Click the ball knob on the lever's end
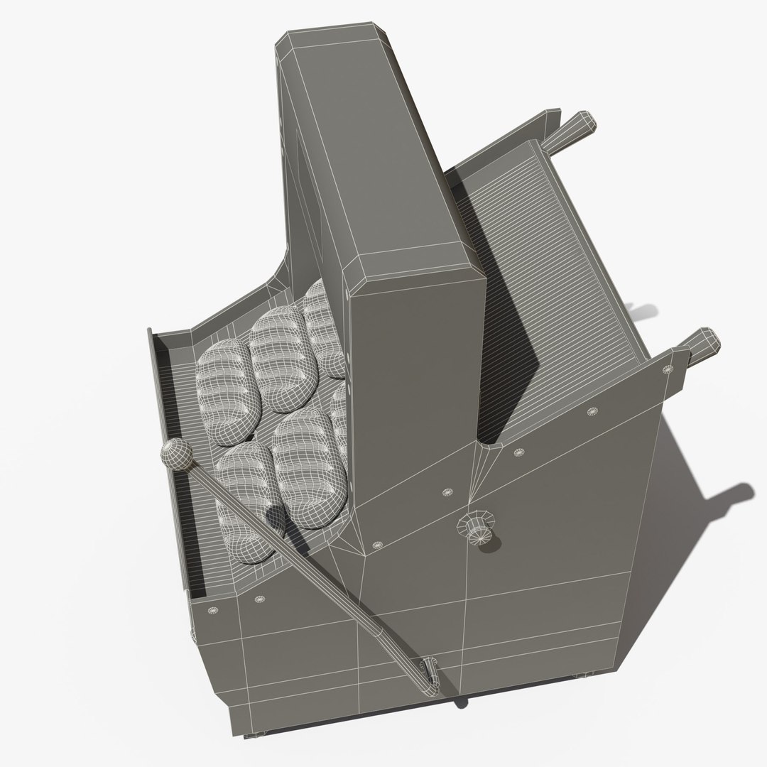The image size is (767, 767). pos(175,455)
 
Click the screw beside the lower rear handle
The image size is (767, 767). pos(667,369)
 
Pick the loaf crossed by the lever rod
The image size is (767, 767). pos(245,497)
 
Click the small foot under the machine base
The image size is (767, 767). pos(462,703)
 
